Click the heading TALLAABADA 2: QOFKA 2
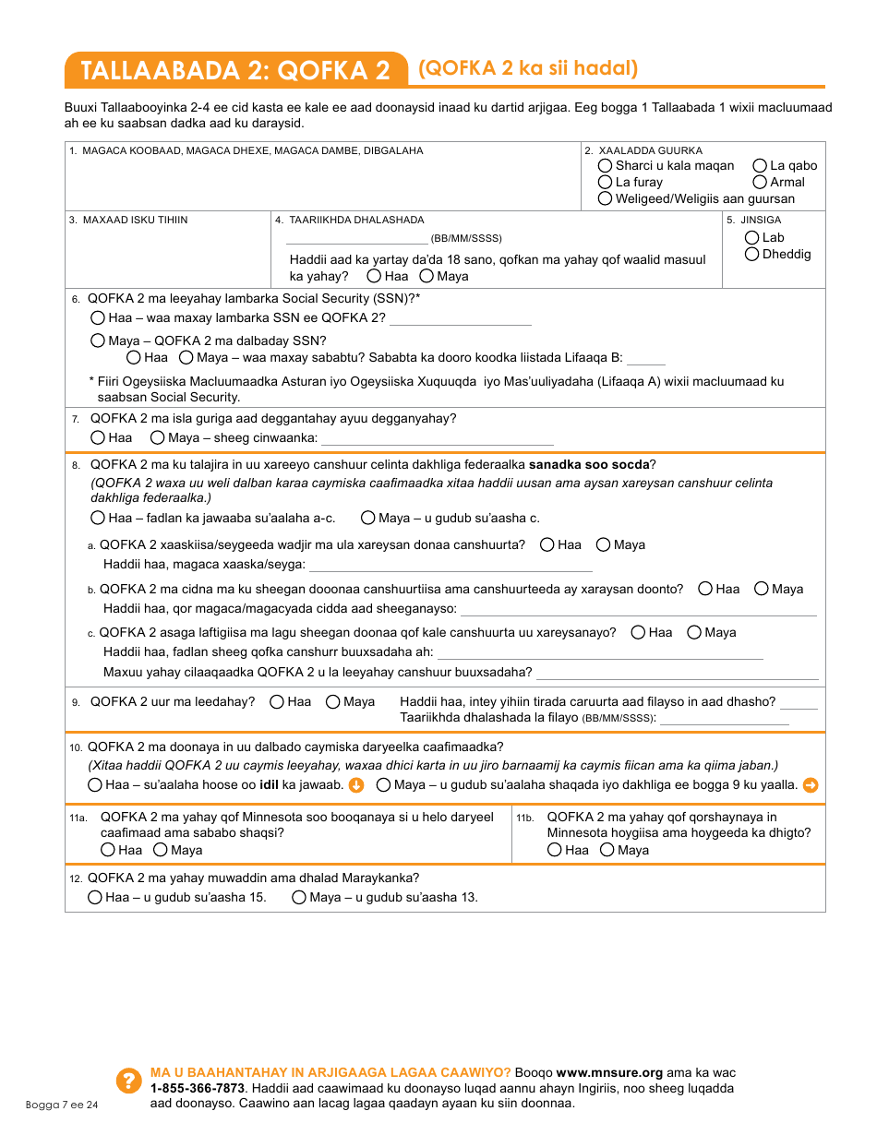pyautogui.click(x=235, y=70)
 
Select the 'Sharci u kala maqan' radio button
pyautogui.click(x=605, y=166)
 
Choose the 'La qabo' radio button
pyautogui.click(x=760, y=166)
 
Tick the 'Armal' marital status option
pyautogui.click(x=760, y=183)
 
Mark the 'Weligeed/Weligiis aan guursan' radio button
pyautogui.click(x=605, y=199)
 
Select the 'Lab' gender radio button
pyautogui.click(x=752, y=238)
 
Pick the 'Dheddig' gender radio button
pyautogui.click(x=752, y=255)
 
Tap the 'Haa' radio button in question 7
pyautogui.click(x=99, y=438)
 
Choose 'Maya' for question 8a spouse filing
pyautogui.click(x=604, y=545)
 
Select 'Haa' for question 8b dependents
pyautogui.click(x=706, y=589)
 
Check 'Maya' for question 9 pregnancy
pyautogui.click(x=333, y=702)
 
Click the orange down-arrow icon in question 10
pyautogui.click(x=356, y=786)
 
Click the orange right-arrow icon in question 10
pyautogui.click(x=811, y=786)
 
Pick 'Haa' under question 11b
pyautogui.click(x=555, y=851)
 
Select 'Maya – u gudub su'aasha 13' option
pyautogui.click(x=299, y=898)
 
